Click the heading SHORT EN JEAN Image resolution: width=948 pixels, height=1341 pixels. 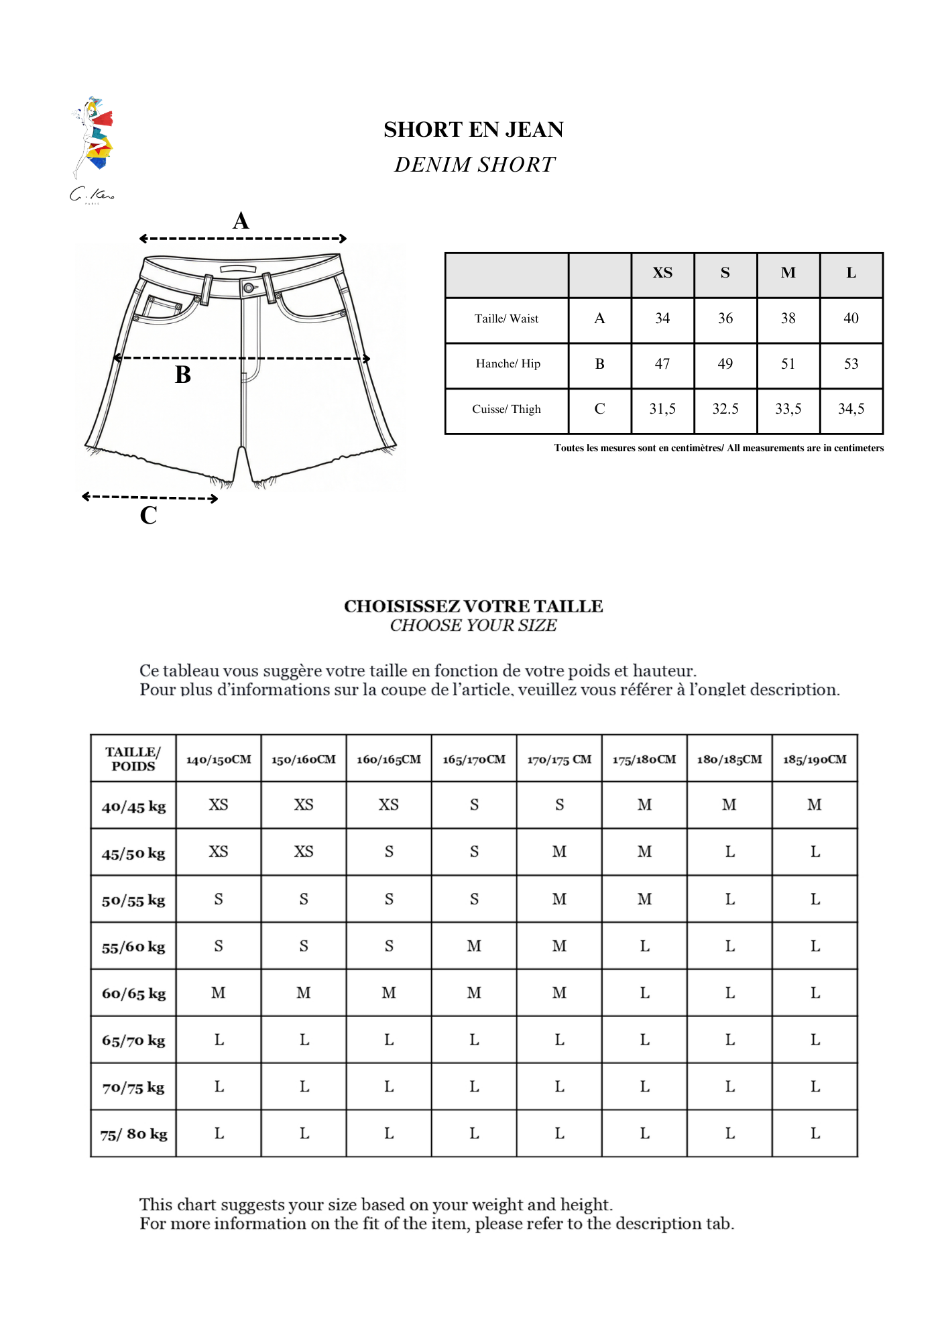click(x=473, y=129)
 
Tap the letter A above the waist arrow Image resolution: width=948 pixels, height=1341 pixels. click(x=241, y=221)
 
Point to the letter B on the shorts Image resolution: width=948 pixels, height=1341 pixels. click(x=183, y=375)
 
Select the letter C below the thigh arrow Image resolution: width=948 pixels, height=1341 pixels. click(x=149, y=516)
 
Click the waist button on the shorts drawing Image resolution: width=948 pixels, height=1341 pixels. click(x=249, y=288)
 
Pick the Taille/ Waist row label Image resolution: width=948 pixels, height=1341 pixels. click(x=506, y=319)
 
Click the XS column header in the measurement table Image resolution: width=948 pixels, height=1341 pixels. click(x=662, y=273)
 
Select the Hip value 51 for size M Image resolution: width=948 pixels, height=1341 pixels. click(x=788, y=364)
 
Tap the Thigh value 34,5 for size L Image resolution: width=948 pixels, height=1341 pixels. click(x=851, y=409)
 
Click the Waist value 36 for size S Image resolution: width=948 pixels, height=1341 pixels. click(x=725, y=318)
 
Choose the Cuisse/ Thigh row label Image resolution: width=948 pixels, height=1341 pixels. click(x=506, y=410)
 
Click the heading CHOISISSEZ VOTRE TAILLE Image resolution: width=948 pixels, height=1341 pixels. click(x=473, y=606)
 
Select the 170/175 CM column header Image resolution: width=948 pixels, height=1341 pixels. click(x=559, y=760)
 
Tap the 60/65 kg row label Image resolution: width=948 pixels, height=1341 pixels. click(x=133, y=994)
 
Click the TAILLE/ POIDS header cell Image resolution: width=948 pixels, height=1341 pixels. click(x=133, y=759)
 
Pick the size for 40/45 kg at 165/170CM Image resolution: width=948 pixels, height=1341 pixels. click(x=474, y=805)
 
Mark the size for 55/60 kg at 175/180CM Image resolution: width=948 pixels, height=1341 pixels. click(x=644, y=946)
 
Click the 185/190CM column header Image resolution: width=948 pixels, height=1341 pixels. click(x=815, y=760)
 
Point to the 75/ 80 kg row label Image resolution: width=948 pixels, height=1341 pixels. click(x=133, y=1134)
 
